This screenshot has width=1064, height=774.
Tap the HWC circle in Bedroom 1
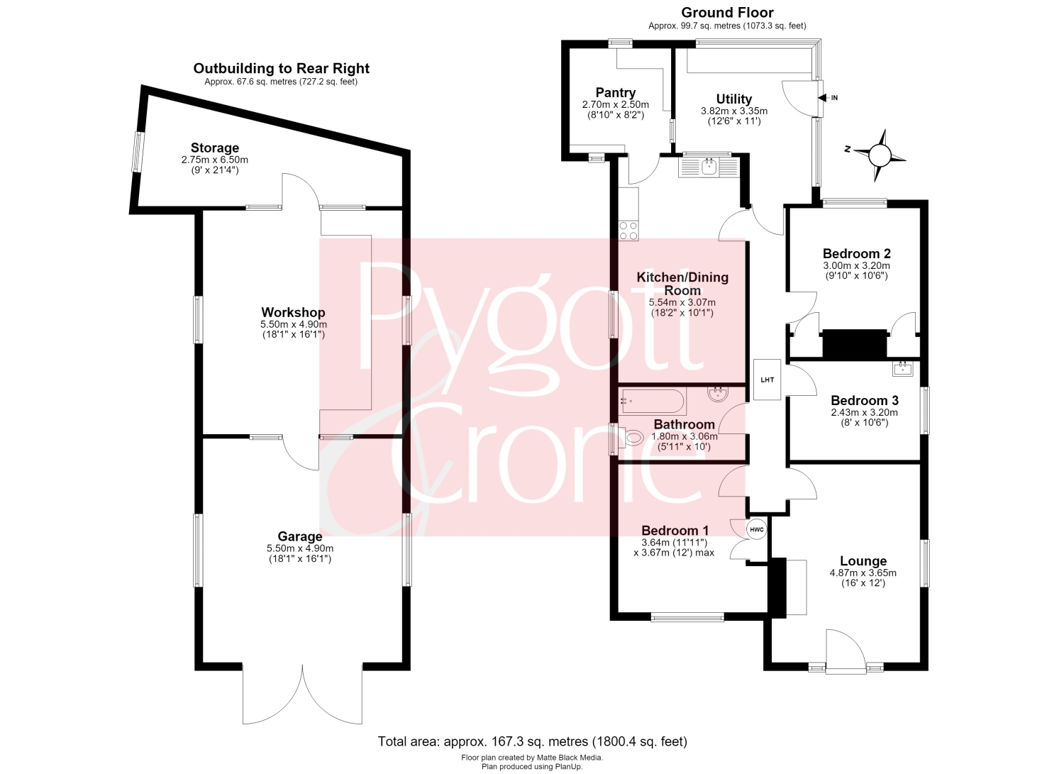(x=757, y=529)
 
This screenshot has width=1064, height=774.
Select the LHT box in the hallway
(x=767, y=380)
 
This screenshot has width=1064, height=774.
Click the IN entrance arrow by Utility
(x=823, y=98)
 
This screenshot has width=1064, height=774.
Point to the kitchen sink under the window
(x=709, y=167)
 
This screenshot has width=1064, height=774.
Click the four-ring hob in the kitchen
(x=628, y=231)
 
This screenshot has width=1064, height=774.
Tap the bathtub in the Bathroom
(x=653, y=402)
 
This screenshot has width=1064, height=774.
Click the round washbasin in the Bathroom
(x=718, y=394)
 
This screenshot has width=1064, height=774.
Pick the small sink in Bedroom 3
(x=902, y=369)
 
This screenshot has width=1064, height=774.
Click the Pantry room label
(x=616, y=93)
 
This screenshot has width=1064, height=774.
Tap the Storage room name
(x=215, y=148)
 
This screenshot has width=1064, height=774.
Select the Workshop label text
(x=293, y=313)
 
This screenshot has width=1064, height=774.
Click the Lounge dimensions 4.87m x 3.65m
(x=863, y=573)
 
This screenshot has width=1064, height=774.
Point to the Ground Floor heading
(x=727, y=13)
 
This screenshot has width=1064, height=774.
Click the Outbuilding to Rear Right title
(x=281, y=68)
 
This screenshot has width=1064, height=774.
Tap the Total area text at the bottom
(x=533, y=741)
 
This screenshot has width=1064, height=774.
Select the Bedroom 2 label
(x=856, y=254)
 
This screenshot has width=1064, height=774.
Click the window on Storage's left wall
(x=137, y=152)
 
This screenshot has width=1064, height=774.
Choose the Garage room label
(x=300, y=536)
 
